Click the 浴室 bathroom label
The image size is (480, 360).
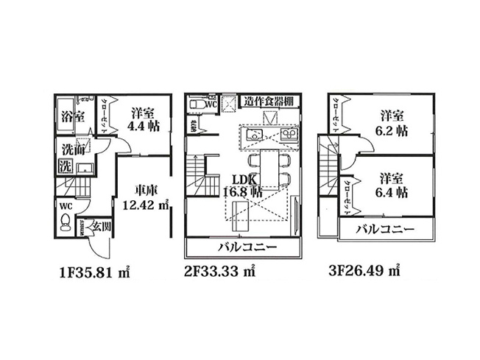pyautogui.click(x=72, y=116)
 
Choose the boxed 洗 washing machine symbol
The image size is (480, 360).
pyautogui.click(x=65, y=166)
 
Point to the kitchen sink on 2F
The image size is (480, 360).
pyautogui.click(x=252, y=136)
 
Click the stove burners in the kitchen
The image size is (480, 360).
pyautogui.click(x=290, y=136)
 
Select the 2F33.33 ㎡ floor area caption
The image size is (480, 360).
pyautogui.click(x=219, y=270)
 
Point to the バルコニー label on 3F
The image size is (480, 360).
pyautogui.click(x=385, y=230)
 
